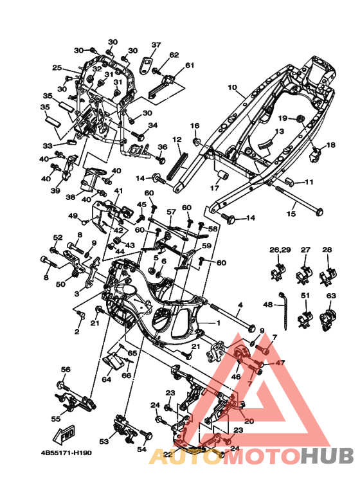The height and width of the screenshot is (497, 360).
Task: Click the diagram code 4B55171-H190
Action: [x=66, y=453]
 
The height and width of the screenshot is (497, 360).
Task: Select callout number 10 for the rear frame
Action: [x=232, y=87]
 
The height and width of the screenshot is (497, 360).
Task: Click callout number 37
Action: [x=156, y=45]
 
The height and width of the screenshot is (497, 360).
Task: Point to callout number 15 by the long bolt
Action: [x=291, y=213]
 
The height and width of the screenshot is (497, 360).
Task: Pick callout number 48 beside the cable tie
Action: [x=268, y=305]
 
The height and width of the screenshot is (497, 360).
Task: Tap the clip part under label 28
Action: [x=328, y=276]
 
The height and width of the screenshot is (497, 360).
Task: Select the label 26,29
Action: [x=280, y=249]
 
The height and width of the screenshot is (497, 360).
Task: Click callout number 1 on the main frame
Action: [x=218, y=323]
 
